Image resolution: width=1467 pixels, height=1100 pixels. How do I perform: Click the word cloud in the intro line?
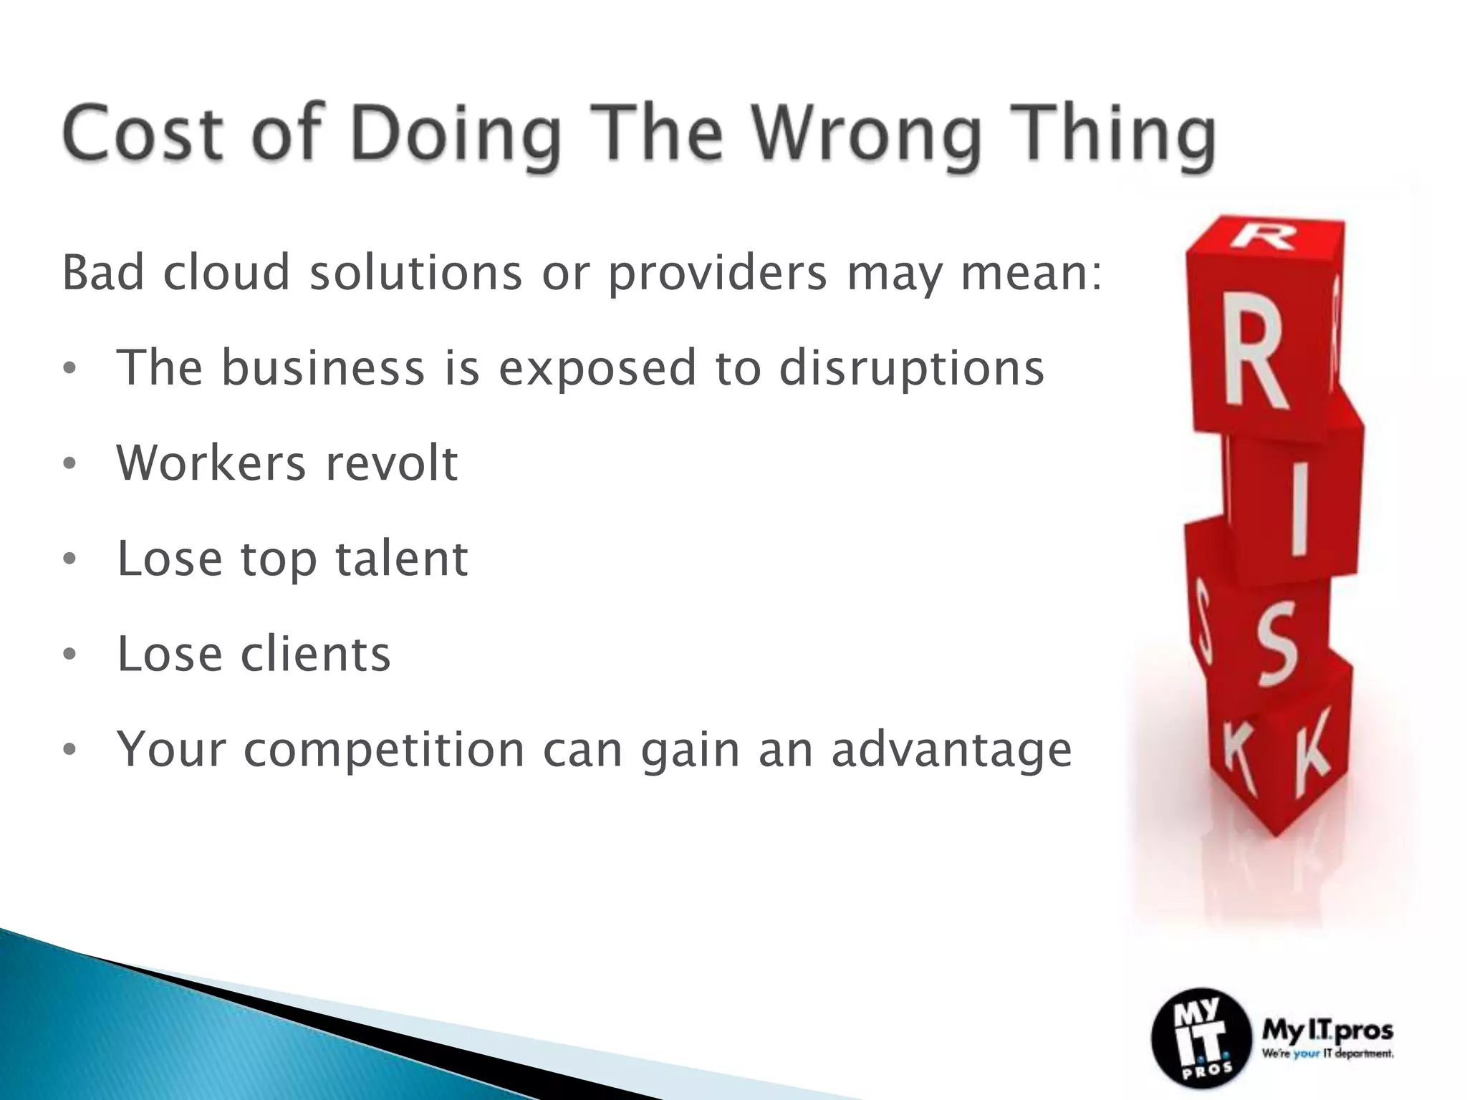(226, 273)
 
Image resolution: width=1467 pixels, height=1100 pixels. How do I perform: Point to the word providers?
(717, 274)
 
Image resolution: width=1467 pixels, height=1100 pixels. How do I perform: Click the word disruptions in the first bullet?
(911, 369)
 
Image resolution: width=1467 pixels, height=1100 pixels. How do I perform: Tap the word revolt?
(391, 463)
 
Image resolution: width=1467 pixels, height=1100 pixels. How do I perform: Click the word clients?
(315, 654)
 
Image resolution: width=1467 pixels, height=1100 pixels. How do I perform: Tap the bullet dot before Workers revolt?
(69, 464)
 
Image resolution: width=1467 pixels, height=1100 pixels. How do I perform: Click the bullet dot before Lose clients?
(69, 654)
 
